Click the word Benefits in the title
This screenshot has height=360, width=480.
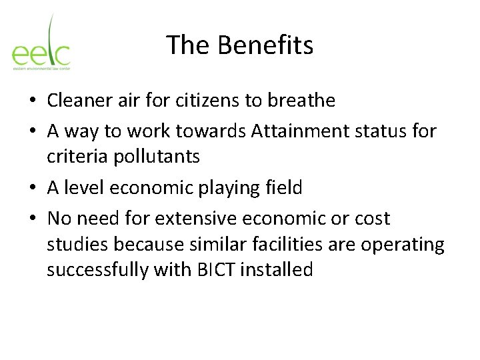(x=265, y=45)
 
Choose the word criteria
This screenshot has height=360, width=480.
(x=73, y=157)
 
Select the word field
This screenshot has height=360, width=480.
(x=285, y=188)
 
